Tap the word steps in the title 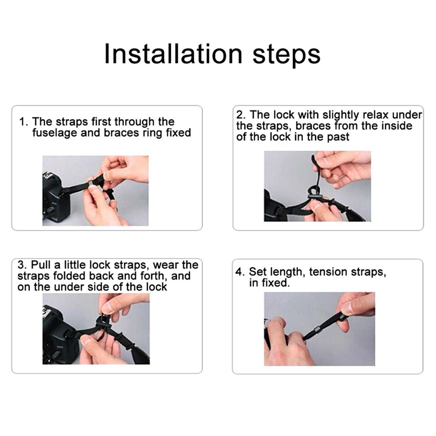coord(287,55)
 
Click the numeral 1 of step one coord(22,122)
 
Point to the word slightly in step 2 coord(341,115)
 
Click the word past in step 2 coord(338,137)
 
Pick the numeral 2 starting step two coord(239,115)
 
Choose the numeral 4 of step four coord(239,272)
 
